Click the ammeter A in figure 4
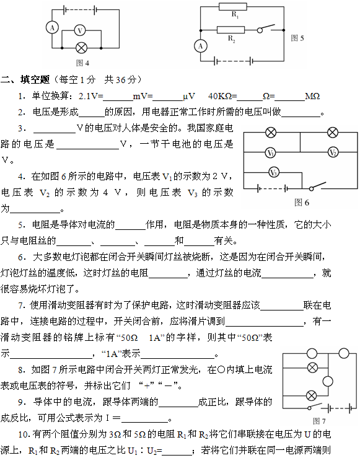click(52, 28)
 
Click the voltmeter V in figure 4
click(80, 30)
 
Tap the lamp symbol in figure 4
click(81, 48)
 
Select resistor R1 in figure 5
click(233, 7)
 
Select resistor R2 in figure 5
click(230, 30)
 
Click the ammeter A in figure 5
click(201, 46)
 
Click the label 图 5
click(297, 38)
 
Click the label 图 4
click(82, 63)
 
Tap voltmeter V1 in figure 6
click(270, 152)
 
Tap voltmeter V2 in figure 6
click(333, 152)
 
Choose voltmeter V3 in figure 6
click(274, 172)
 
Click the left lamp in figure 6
click(271, 133)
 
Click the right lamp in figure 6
click(333, 133)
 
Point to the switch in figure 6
click(317, 187)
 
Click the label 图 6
click(302, 203)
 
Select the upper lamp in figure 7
click(312, 368)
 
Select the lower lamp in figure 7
click(311, 396)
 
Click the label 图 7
click(319, 421)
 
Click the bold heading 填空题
click(35, 79)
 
